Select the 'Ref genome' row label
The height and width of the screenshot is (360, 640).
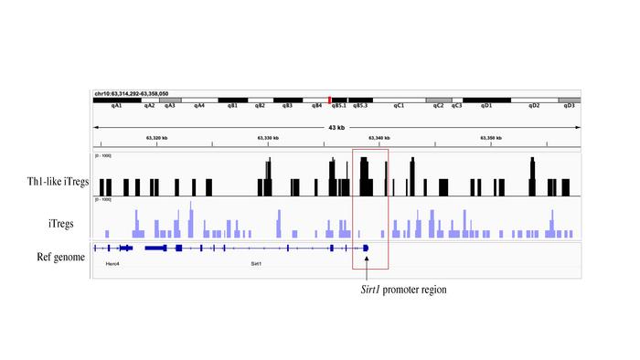click(59, 257)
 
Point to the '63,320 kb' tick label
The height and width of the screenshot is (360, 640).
click(156, 138)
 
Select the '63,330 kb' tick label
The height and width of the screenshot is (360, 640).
click(268, 138)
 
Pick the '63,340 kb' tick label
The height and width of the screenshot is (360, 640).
click(379, 138)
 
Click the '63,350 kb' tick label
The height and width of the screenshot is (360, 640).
click(491, 138)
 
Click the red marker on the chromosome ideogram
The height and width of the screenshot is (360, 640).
click(329, 100)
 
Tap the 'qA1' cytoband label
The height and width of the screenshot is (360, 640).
click(117, 106)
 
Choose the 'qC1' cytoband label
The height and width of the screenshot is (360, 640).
click(399, 106)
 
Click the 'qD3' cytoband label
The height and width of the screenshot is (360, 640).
click(569, 106)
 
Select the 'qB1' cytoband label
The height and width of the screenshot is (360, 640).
click(233, 106)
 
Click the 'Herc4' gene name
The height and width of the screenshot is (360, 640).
click(112, 263)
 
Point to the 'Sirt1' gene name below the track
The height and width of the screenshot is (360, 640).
click(257, 263)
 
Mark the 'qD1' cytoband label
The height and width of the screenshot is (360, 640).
click(486, 106)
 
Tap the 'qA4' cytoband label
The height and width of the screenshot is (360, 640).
click(199, 106)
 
